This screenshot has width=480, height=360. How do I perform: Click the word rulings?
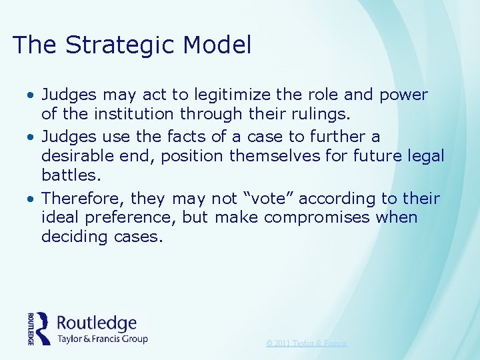click(x=323, y=114)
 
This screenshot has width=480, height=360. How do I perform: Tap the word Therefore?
click(x=81, y=199)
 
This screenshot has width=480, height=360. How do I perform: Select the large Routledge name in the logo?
click(x=97, y=323)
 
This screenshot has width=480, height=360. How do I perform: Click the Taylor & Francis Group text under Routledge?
click(x=102, y=339)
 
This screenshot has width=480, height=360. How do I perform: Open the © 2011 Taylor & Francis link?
click(x=307, y=343)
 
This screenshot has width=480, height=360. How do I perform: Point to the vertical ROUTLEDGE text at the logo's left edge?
click(x=31, y=328)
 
